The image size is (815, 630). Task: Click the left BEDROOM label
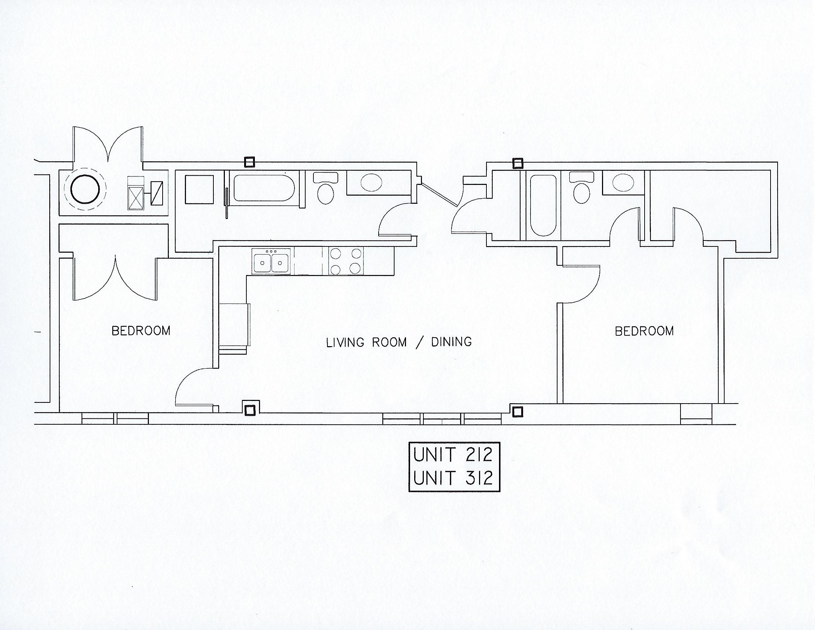[141, 331]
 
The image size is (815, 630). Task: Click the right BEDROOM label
[644, 331]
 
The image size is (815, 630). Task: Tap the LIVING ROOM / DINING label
[399, 342]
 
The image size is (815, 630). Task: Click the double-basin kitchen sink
[271, 261]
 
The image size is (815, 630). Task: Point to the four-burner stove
[346, 261]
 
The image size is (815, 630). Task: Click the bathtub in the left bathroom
[264, 188]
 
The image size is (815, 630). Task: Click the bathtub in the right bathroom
[543, 205]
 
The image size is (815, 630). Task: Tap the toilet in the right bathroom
[582, 189]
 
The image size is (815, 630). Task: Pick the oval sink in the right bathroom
[623, 183]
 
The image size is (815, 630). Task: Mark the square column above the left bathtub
[249, 162]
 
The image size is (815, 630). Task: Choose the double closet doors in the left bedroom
[116, 278]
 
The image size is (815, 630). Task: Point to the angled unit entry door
[439, 194]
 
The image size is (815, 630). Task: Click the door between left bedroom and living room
[194, 388]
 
